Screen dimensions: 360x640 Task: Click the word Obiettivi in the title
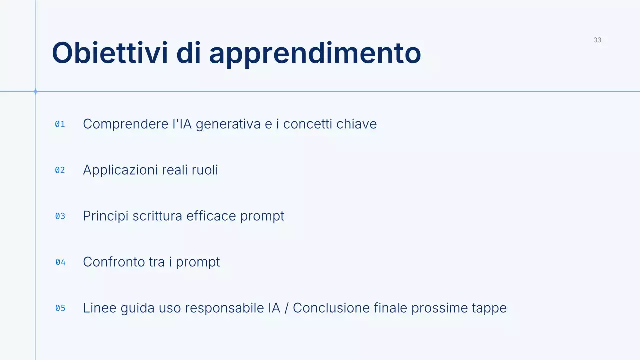(x=110, y=53)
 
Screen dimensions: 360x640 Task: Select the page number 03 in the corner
(x=597, y=40)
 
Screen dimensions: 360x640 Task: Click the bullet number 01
(x=60, y=124)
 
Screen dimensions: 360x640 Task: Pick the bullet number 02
(x=60, y=170)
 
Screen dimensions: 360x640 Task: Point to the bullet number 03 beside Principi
(x=60, y=216)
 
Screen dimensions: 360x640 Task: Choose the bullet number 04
(x=60, y=262)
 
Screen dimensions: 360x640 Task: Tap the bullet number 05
(x=60, y=308)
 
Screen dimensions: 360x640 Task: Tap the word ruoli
(x=205, y=170)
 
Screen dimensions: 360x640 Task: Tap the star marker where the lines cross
(x=35, y=91)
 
